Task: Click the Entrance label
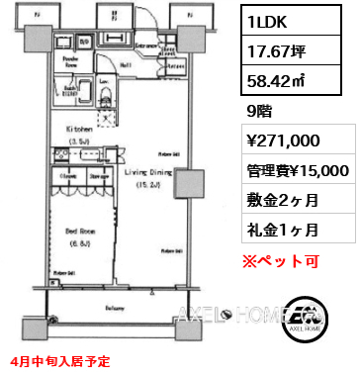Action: (x=148, y=46)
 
